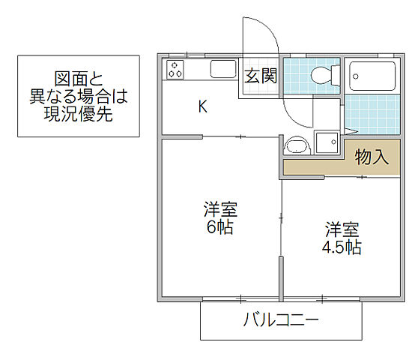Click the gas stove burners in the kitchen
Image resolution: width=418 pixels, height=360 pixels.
coord(176,70)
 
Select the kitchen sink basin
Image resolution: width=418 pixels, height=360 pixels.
coord(222,70)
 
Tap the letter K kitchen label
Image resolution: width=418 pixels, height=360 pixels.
coord(202,106)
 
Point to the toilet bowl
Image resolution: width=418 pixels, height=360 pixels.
coord(322,75)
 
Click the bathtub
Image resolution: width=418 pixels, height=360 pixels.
coord(372,75)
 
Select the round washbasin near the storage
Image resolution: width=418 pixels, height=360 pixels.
coord(297,145)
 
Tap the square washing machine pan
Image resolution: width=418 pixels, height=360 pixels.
coord(327,142)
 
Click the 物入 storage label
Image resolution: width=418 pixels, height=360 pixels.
coord(372,157)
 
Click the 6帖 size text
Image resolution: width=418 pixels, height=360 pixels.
coord(220,227)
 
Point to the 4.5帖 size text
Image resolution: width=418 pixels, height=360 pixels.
coord(342,247)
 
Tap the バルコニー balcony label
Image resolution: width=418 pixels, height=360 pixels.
coord(282,321)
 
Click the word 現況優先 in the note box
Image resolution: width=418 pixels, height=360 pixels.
coord(78,117)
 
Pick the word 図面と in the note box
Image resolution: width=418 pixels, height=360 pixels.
coord(78,79)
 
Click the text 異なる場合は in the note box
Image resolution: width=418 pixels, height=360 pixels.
coord(78,97)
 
